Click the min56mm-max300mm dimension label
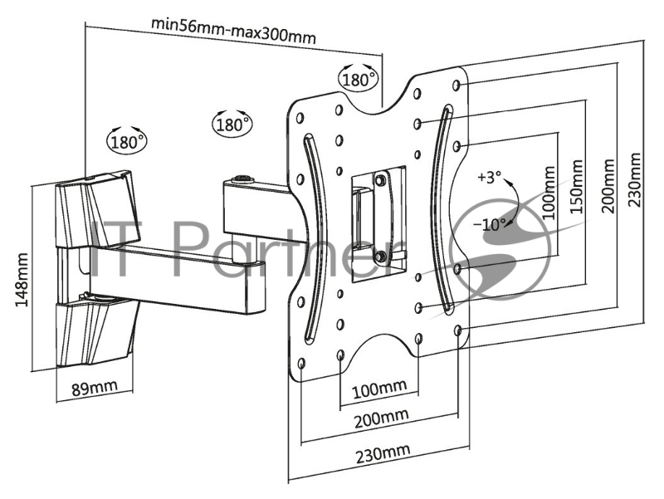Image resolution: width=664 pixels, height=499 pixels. point(234,31)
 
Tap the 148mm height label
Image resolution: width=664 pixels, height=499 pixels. point(22,280)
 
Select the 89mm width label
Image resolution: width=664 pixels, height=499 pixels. point(94,388)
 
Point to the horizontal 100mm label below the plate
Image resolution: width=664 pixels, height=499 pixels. point(379,389)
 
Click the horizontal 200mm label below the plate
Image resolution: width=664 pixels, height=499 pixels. point(381,418)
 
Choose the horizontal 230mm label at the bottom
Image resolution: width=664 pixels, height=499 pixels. point(383,453)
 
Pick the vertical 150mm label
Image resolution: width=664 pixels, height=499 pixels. point(576,186)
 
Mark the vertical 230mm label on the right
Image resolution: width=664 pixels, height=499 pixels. point(634,179)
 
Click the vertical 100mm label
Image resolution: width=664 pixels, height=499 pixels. point(549,192)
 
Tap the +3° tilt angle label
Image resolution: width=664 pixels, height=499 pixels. point(489,177)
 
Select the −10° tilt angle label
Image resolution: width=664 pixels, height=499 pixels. point(489,223)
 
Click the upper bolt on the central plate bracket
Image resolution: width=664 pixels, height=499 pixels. point(380,179)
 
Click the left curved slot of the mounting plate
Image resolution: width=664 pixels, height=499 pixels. point(314,237)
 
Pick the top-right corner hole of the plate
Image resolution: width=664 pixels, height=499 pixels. point(456,86)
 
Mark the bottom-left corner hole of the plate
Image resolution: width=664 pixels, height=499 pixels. point(301,364)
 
